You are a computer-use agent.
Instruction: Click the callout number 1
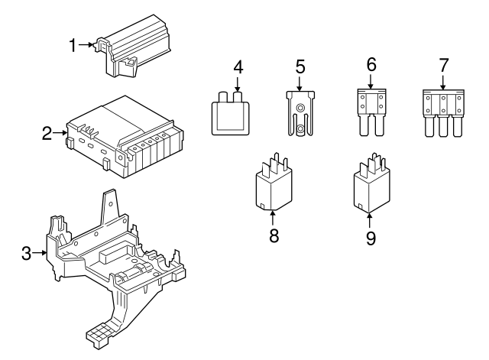73,46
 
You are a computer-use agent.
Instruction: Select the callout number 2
47,135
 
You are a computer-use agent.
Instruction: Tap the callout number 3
27,254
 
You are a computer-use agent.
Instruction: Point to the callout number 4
238,67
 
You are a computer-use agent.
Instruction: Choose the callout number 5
299,67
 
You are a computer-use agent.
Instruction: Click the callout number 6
371,64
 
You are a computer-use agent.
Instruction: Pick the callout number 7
443,64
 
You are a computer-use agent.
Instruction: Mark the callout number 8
274,235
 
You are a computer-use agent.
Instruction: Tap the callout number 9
371,238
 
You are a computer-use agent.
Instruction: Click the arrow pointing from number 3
41,254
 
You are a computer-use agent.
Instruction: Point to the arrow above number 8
274,217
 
